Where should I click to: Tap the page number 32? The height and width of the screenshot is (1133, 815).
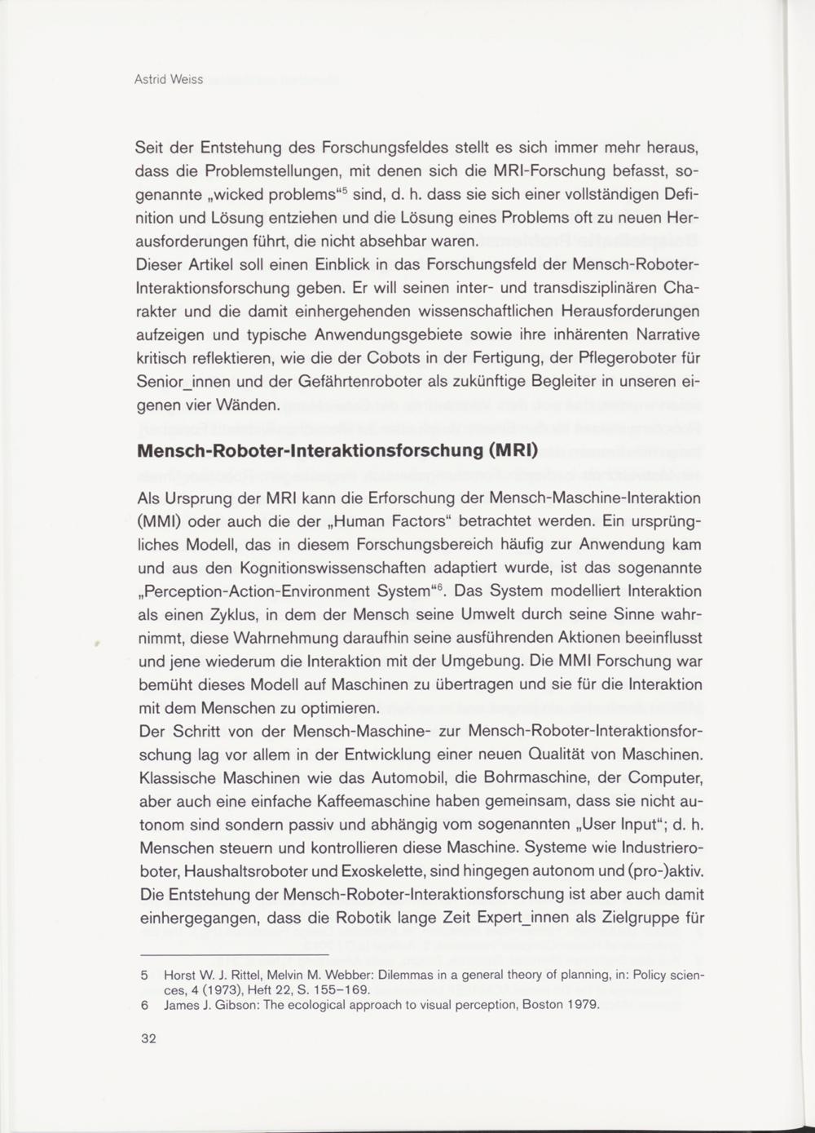(x=148, y=1038)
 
